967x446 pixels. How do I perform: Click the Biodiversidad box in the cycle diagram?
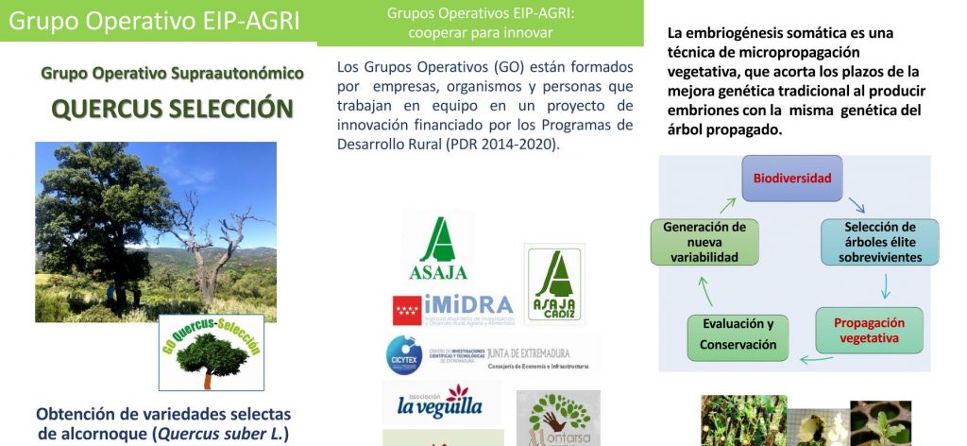(x=791, y=178)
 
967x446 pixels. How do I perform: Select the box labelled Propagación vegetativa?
(x=869, y=330)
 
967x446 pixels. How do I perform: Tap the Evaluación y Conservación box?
(x=738, y=334)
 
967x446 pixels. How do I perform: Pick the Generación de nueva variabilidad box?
(x=704, y=242)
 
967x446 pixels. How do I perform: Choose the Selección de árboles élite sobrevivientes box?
(x=880, y=242)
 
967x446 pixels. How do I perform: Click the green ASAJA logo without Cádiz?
(x=438, y=249)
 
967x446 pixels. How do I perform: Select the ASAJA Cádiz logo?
(x=553, y=283)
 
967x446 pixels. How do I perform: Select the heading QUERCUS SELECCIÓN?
(x=171, y=109)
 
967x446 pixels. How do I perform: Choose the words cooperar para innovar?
(x=481, y=33)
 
